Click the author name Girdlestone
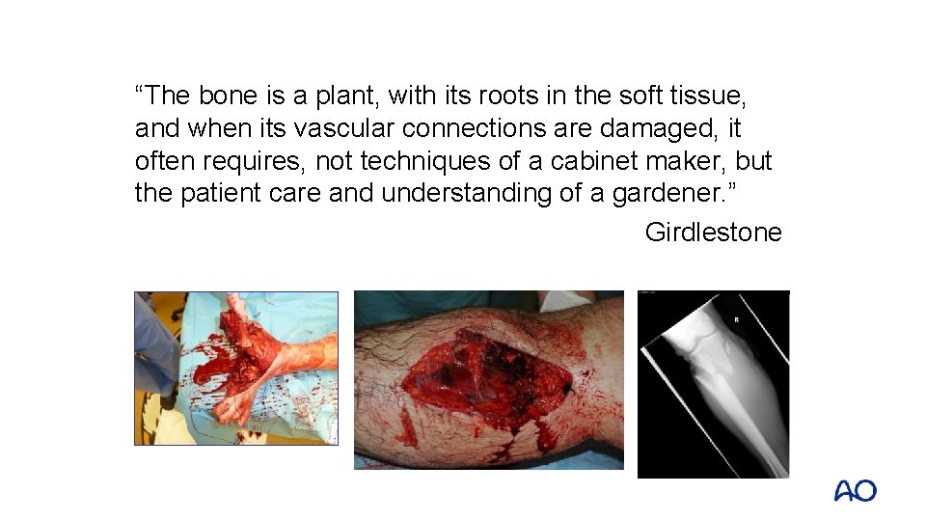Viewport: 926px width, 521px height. [713, 233]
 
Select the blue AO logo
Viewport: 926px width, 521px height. [856, 491]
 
